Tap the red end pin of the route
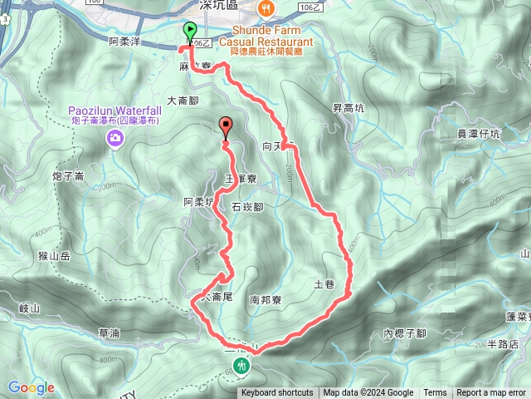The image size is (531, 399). pyautogui.click(x=225, y=127)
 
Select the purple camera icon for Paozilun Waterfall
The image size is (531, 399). pyautogui.click(x=114, y=139)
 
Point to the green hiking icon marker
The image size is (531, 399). pyautogui.click(x=242, y=364)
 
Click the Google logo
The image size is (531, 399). pyautogui.click(x=31, y=387)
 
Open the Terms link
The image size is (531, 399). pyautogui.click(x=435, y=393)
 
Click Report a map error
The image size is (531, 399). pyautogui.click(x=491, y=393)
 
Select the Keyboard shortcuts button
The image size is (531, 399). pyautogui.click(x=277, y=393)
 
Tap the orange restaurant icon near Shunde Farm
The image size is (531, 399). pyautogui.click(x=266, y=9)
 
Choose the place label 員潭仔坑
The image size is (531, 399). pyautogui.click(x=479, y=133)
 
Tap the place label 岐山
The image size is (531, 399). pyautogui.click(x=29, y=308)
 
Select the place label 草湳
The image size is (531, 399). pyautogui.click(x=109, y=332)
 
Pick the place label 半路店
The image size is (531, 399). pyautogui.click(x=502, y=343)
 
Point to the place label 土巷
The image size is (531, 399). pyautogui.click(x=324, y=285)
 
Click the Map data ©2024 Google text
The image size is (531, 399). pyautogui.click(x=368, y=393)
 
